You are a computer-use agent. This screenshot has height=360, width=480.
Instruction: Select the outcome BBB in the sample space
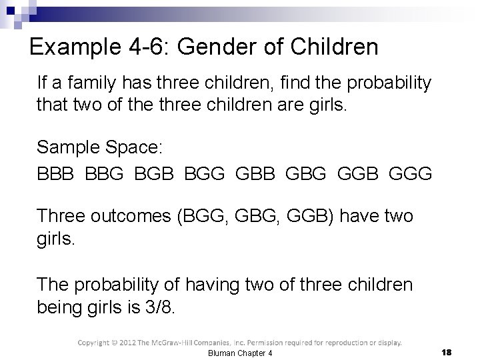57,174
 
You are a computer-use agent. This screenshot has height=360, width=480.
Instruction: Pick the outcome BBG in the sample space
106,174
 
